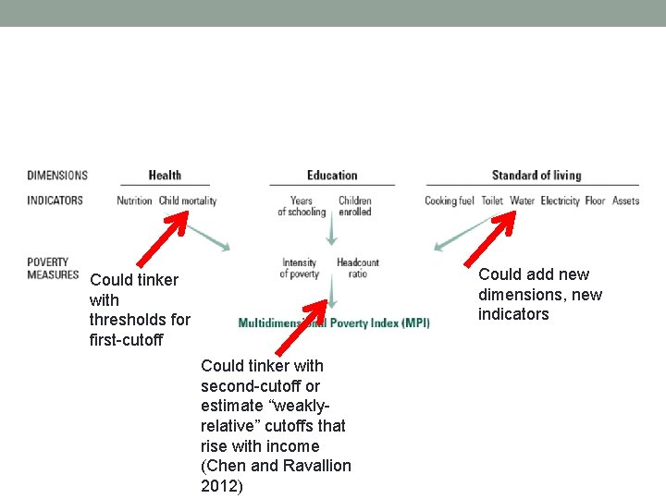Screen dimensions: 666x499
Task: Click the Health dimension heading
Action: coord(165,176)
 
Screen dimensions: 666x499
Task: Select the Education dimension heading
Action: coord(332,176)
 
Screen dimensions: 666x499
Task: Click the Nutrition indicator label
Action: coord(134,201)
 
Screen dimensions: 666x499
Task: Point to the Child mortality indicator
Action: coord(188,201)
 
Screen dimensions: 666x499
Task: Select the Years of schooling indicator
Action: coord(302,206)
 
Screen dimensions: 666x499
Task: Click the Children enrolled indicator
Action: coord(355,206)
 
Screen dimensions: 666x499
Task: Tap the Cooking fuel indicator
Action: coord(450,201)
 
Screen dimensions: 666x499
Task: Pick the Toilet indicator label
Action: coord(492,201)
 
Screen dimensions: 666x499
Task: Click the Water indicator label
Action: coord(523,201)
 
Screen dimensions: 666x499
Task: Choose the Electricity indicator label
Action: coord(560,201)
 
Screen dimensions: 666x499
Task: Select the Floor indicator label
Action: coord(595,201)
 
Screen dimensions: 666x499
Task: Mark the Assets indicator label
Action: coord(625,201)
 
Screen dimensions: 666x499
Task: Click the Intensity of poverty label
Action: coord(299,268)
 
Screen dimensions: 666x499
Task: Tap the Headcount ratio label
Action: coord(358,268)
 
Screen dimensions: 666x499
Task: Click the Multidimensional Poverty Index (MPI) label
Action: coord(334,323)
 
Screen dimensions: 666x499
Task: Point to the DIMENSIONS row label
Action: coord(57,176)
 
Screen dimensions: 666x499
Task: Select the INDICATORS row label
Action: coord(55,201)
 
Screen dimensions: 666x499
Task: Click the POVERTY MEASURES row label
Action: coord(53,268)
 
